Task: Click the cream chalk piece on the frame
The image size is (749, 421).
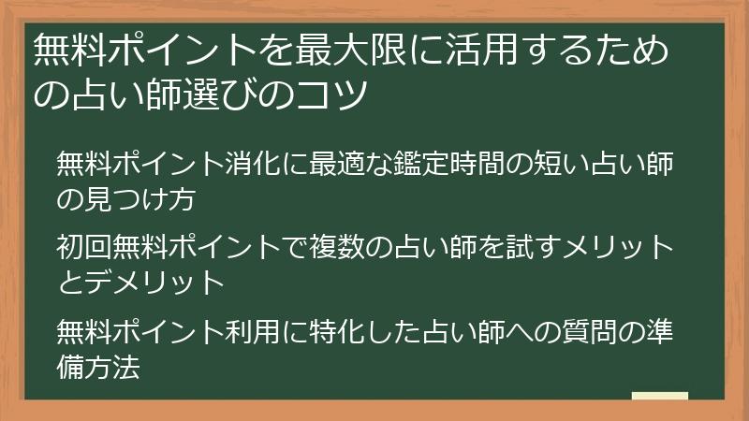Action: [659, 397]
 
